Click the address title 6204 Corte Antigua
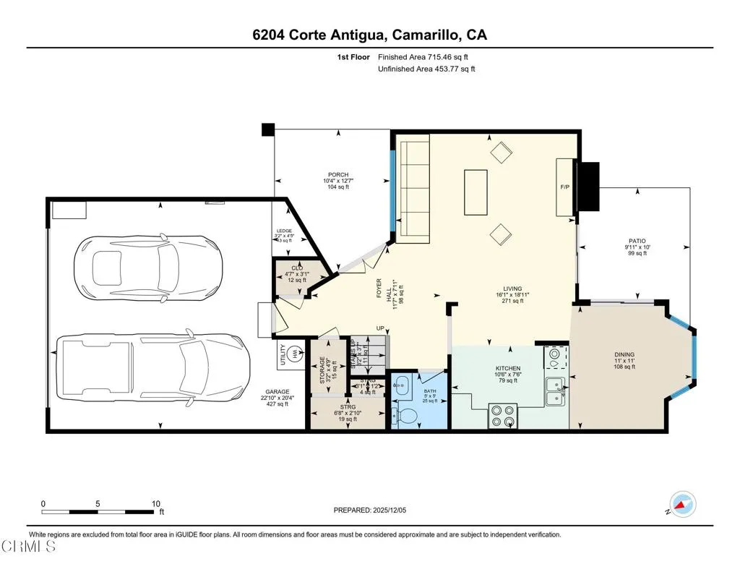[x=369, y=35]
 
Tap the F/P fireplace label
[x=565, y=187]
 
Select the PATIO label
[x=636, y=242]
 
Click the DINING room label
[x=624, y=354]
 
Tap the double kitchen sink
[x=556, y=390]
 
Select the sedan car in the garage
[x=148, y=265]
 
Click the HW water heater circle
[x=295, y=354]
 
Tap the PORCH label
[x=338, y=175]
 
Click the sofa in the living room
[x=414, y=192]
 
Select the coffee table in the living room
[x=476, y=192]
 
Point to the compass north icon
[x=682, y=503]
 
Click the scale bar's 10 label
[x=155, y=503]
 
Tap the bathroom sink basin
[x=402, y=384]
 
